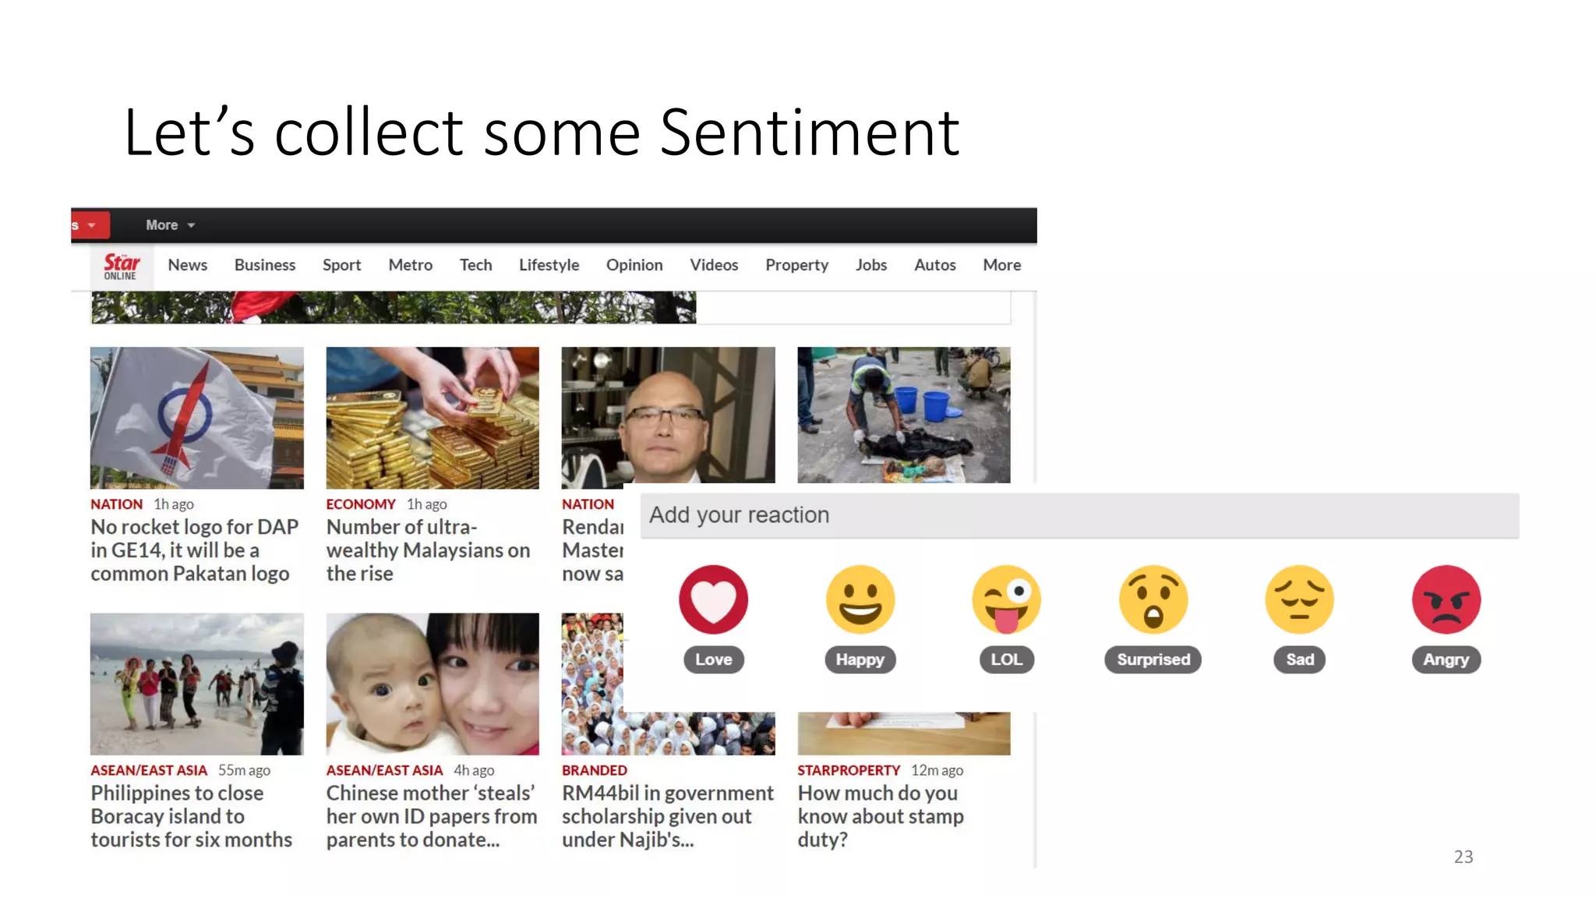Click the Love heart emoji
(713, 599)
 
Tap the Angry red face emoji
(1446, 599)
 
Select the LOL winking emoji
(1006, 599)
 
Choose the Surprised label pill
(1153, 659)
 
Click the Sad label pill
(1299, 659)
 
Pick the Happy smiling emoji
(860, 599)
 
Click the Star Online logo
(121, 266)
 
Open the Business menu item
(265, 265)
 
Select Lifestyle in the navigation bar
(549, 265)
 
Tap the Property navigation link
(796, 265)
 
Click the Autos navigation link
(934, 265)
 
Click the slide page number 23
(1463, 857)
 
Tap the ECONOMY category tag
(361, 504)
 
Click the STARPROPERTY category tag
(848, 770)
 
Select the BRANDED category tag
(594, 770)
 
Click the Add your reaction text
(739, 515)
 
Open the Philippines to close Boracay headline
(191, 816)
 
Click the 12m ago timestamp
(937, 770)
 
